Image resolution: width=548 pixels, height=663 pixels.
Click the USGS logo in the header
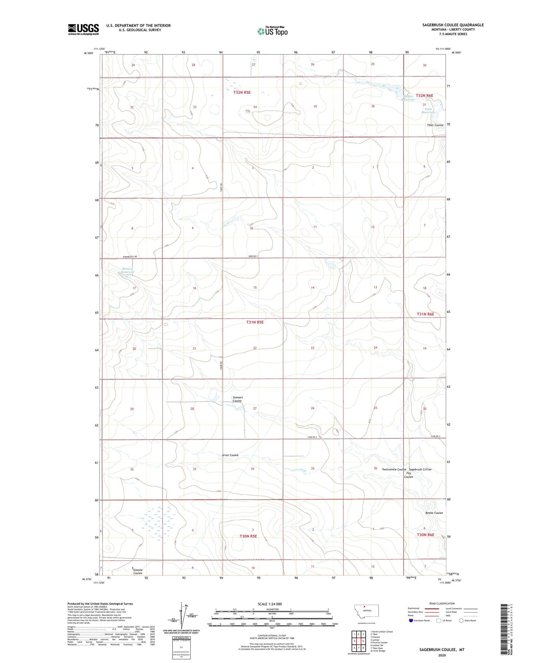(83, 29)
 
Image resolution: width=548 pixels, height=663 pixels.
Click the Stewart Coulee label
(237, 399)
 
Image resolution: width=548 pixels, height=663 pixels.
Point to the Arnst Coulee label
(230, 455)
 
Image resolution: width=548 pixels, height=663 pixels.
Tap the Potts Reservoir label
(429, 111)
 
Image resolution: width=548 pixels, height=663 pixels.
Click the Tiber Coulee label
(435, 125)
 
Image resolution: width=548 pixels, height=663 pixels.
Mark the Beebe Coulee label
(434, 513)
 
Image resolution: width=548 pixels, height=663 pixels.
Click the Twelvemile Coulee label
(394, 469)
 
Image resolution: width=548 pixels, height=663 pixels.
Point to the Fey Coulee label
(408, 475)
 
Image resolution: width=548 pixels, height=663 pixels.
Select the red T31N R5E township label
(255, 322)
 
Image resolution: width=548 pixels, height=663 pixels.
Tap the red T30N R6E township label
(426, 535)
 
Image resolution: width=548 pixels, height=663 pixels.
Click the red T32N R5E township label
(242, 93)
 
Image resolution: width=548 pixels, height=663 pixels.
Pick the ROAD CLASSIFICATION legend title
(442, 603)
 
